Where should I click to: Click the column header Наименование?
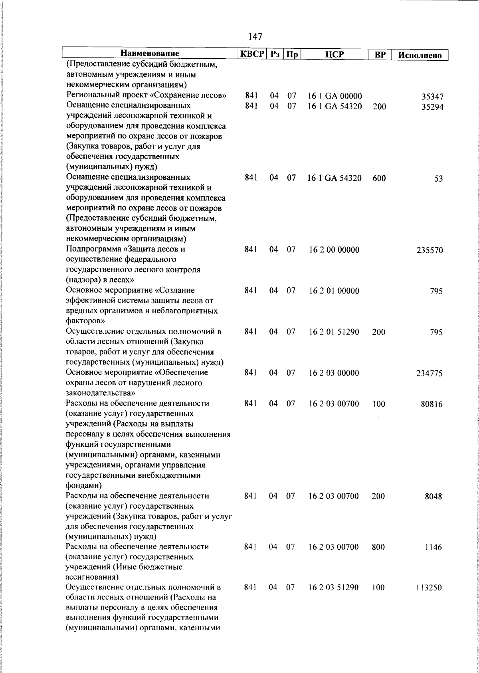pyautogui.click(x=150, y=54)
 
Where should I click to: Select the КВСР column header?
pyautogui.click(x=252, y=54)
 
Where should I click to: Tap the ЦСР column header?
pyautogui.click(x=334, y=54)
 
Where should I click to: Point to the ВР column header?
pyautogui.click(x=380, y=55)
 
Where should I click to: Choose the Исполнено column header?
pyautogui.click(x=420, y=55)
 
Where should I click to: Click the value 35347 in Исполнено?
pyautogui.click(x=432, y=97)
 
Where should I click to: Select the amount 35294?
pyautogui.click(x=432, y=107)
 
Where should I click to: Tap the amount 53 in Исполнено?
pyautogui.click(x=438, y=179)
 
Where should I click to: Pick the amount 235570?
pyautogui.click(x=430, y=251)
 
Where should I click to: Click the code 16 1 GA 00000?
pyautogui.click(x=335, y=97)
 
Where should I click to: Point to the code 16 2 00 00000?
pyautogui.click(x=334, y=250)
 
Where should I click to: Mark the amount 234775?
pyautogui.click(x=430, y=374)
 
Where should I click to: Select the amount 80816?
pyautogui.click(x=432, y=404)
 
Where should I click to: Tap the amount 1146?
pyautogui.click(x=434, y=548)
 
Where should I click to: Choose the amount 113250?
pyautogui.click(x=430, y=588)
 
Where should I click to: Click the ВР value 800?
pyautogui.click(x=378, y=547)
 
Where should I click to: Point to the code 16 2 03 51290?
pyautogui.click(x=334, y=588)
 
